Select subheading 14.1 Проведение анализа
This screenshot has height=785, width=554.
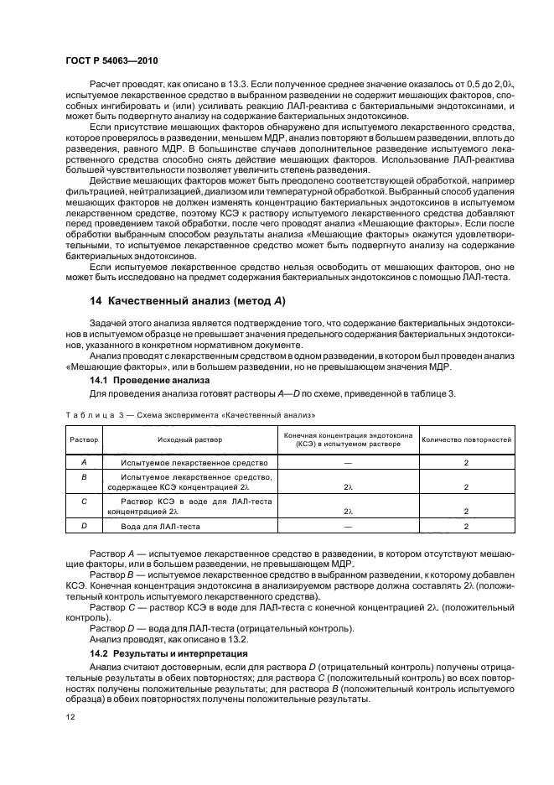click(143, 380)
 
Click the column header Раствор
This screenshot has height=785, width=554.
click(83, 439)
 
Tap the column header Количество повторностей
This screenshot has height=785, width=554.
click(466, 439)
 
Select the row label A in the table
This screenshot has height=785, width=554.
click(83, 462)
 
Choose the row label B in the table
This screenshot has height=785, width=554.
click(83, 476)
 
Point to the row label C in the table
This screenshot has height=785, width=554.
click(83, 502)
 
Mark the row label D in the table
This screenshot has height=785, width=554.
click(83, 526)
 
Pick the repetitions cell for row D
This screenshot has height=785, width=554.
click(466, 526)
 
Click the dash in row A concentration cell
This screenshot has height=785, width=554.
click(346, 462)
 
